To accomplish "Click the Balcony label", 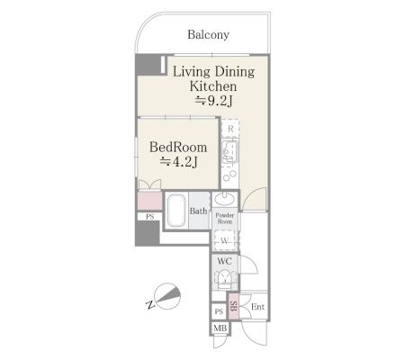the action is click(x=208, y=34).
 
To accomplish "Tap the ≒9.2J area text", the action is click(x=214, y=101).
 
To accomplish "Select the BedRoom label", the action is click(x=178, y=148).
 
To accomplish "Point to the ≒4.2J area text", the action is click(x=179, y=162).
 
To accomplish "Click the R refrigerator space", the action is click(x=230, y=129).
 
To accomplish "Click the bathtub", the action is click(x=175, y=211).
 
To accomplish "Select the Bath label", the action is click(x=198, y=211).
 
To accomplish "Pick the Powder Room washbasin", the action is click(x=225, y=198).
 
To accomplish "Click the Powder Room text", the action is click(x=225, y=218).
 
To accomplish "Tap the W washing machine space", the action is click(x=224, y=240).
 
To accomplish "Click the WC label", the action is click(x=224, y=261).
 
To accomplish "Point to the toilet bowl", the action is click(x=224, y=278).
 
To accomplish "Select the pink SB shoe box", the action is click(x=233, y=306).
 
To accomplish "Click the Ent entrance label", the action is click(x=257, y=307).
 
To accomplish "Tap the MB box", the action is click(x=220, y=328).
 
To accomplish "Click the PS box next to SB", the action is click(x=220, y=311).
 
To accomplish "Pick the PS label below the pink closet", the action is click(x=150, y=217).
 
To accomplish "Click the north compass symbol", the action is click(x=166, y=296).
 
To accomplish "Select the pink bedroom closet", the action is click(x=150, y=201).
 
